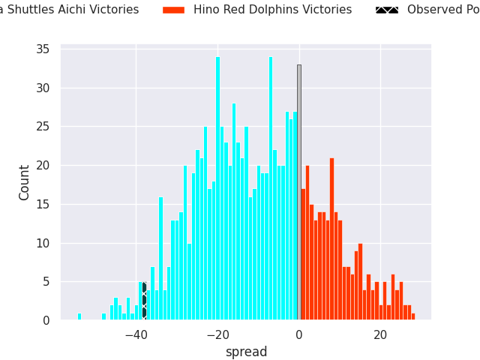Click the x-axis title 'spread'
(246, 352)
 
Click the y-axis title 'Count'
(25, 182)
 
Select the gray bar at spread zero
(298, 192)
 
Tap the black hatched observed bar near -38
(144, 301)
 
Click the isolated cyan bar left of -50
(79, 316)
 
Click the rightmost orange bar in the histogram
(412, 316)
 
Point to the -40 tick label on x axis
(136, 334)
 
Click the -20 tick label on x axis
(217, 334)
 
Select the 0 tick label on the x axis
(298, 334)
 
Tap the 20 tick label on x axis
(380, 334)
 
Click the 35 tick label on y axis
(42, 49)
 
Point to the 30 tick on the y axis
(42, 88)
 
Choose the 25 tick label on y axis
(42, 127)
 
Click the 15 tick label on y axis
(42, 205)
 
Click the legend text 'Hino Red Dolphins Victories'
(272, 10)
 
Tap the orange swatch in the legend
(173, 10)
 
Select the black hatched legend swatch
(387, 10)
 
